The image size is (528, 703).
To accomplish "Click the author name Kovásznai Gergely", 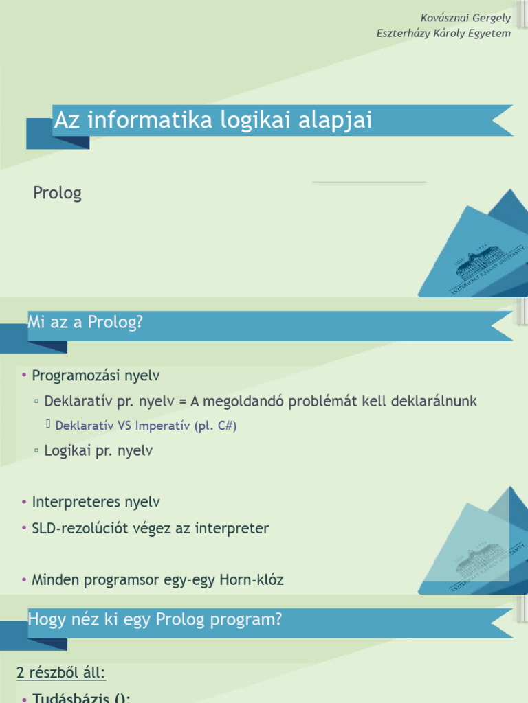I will click(466, 17).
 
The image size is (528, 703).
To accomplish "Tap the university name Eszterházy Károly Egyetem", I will click(444, 33).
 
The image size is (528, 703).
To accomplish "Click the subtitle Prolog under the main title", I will click(57, 193).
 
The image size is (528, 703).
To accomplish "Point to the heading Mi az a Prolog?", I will click(85, 322).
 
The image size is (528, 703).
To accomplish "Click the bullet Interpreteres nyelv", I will click(96, 502).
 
